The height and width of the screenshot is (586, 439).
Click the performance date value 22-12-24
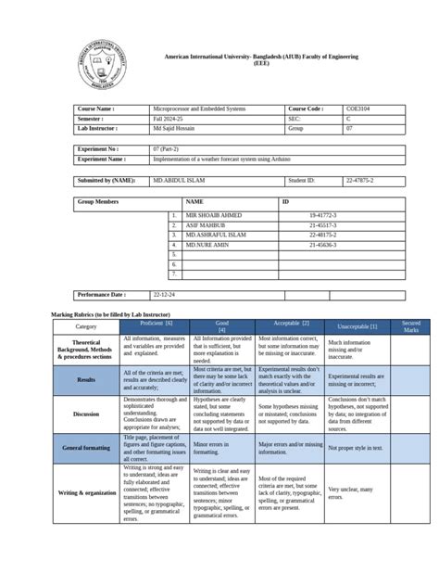[165, 294]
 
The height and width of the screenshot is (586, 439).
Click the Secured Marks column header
[410, 326]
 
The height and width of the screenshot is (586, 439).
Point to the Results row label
[86, 378]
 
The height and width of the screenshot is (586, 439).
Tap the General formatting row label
[86, 447]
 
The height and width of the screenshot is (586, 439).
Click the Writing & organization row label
[86, 492]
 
